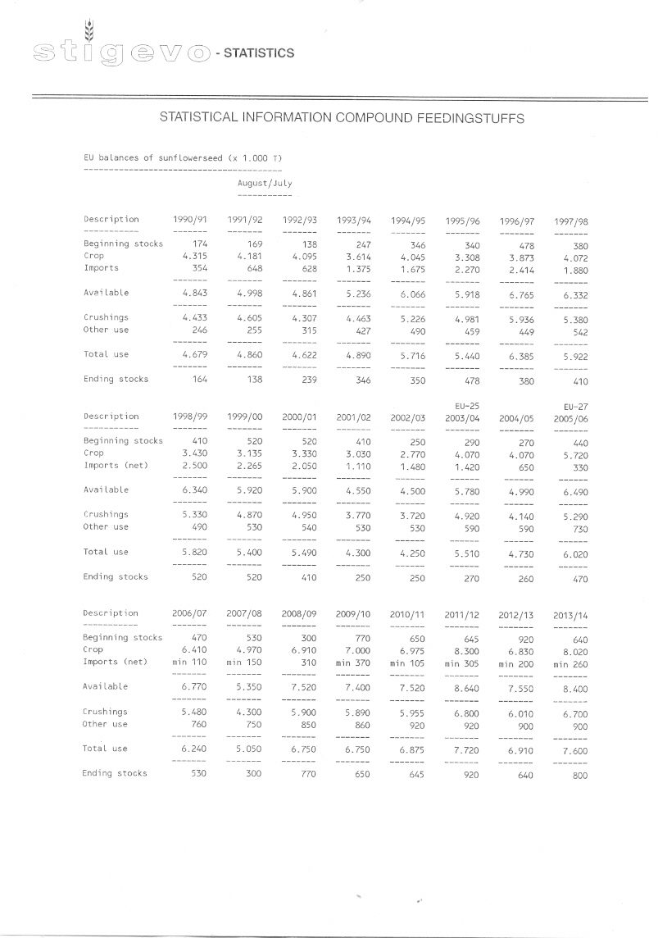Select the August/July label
click(265, 184)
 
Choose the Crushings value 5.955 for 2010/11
click(411, 713)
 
